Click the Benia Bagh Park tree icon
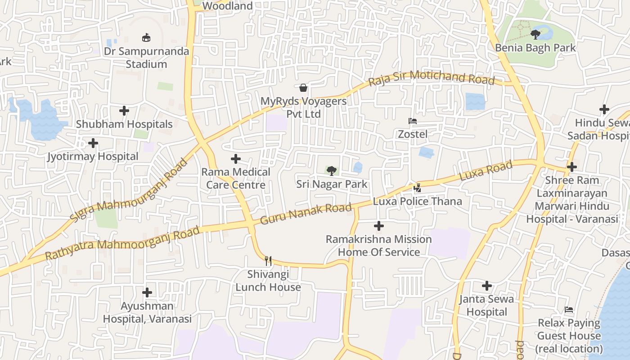(x=535, y=34)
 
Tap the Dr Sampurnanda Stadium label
(x=146, y=58)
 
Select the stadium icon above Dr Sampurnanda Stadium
(x=146, y=37)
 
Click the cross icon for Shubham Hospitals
(x=124, y=110)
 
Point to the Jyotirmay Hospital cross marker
(x=93, y=143)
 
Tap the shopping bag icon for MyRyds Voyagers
(x=304, y=87)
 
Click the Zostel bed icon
(x=412, y=121)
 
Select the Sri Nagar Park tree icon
(x=332, y=171)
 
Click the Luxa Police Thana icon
(x=418, y=188)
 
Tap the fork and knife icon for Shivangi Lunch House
(x=268, y=261)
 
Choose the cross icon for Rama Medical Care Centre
(x=236, y=158)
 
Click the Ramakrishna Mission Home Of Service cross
(x=379, y=225)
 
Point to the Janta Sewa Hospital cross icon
(x=487, y=286)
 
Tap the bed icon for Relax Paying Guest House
(x=569, y=310)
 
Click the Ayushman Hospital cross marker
(x=147, y=292)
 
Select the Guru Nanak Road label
(x=306, y=214)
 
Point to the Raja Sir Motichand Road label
(x=431, y=78)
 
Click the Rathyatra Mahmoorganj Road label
(x=122, y=244)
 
